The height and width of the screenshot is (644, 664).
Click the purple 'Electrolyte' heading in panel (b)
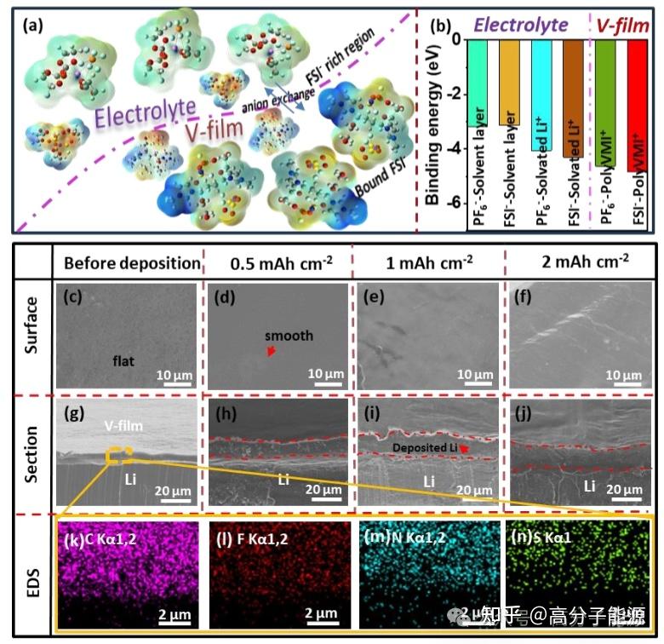(520, 26)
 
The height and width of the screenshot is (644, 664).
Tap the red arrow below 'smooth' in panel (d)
(272, 351)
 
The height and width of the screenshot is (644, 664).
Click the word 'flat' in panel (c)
(123, 360)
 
